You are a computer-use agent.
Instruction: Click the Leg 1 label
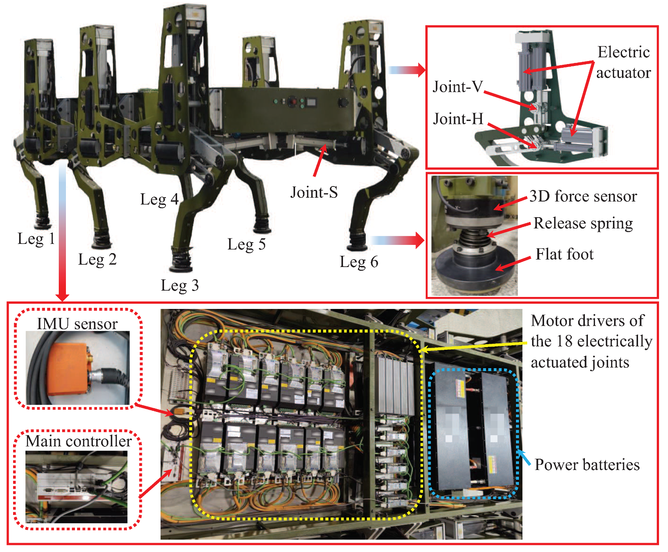point(36,239)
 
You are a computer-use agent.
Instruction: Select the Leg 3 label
point(180,286)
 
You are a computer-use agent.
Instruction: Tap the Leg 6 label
point(359,262)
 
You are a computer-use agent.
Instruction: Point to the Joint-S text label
point(314,192)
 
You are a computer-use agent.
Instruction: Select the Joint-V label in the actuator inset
point(458,87)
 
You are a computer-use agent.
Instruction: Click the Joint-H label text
point(458,119)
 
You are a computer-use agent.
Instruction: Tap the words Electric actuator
point(623,62)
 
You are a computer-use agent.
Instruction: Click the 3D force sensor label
point(583,196)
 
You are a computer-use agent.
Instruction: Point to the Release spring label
point(583,224)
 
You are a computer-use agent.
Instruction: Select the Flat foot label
point(564,254)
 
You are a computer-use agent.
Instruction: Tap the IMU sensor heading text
point(77,324)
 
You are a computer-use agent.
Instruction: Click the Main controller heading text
point(79,441)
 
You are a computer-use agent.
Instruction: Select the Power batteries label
point(587,465)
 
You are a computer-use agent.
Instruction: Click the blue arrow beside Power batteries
point(524,458)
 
